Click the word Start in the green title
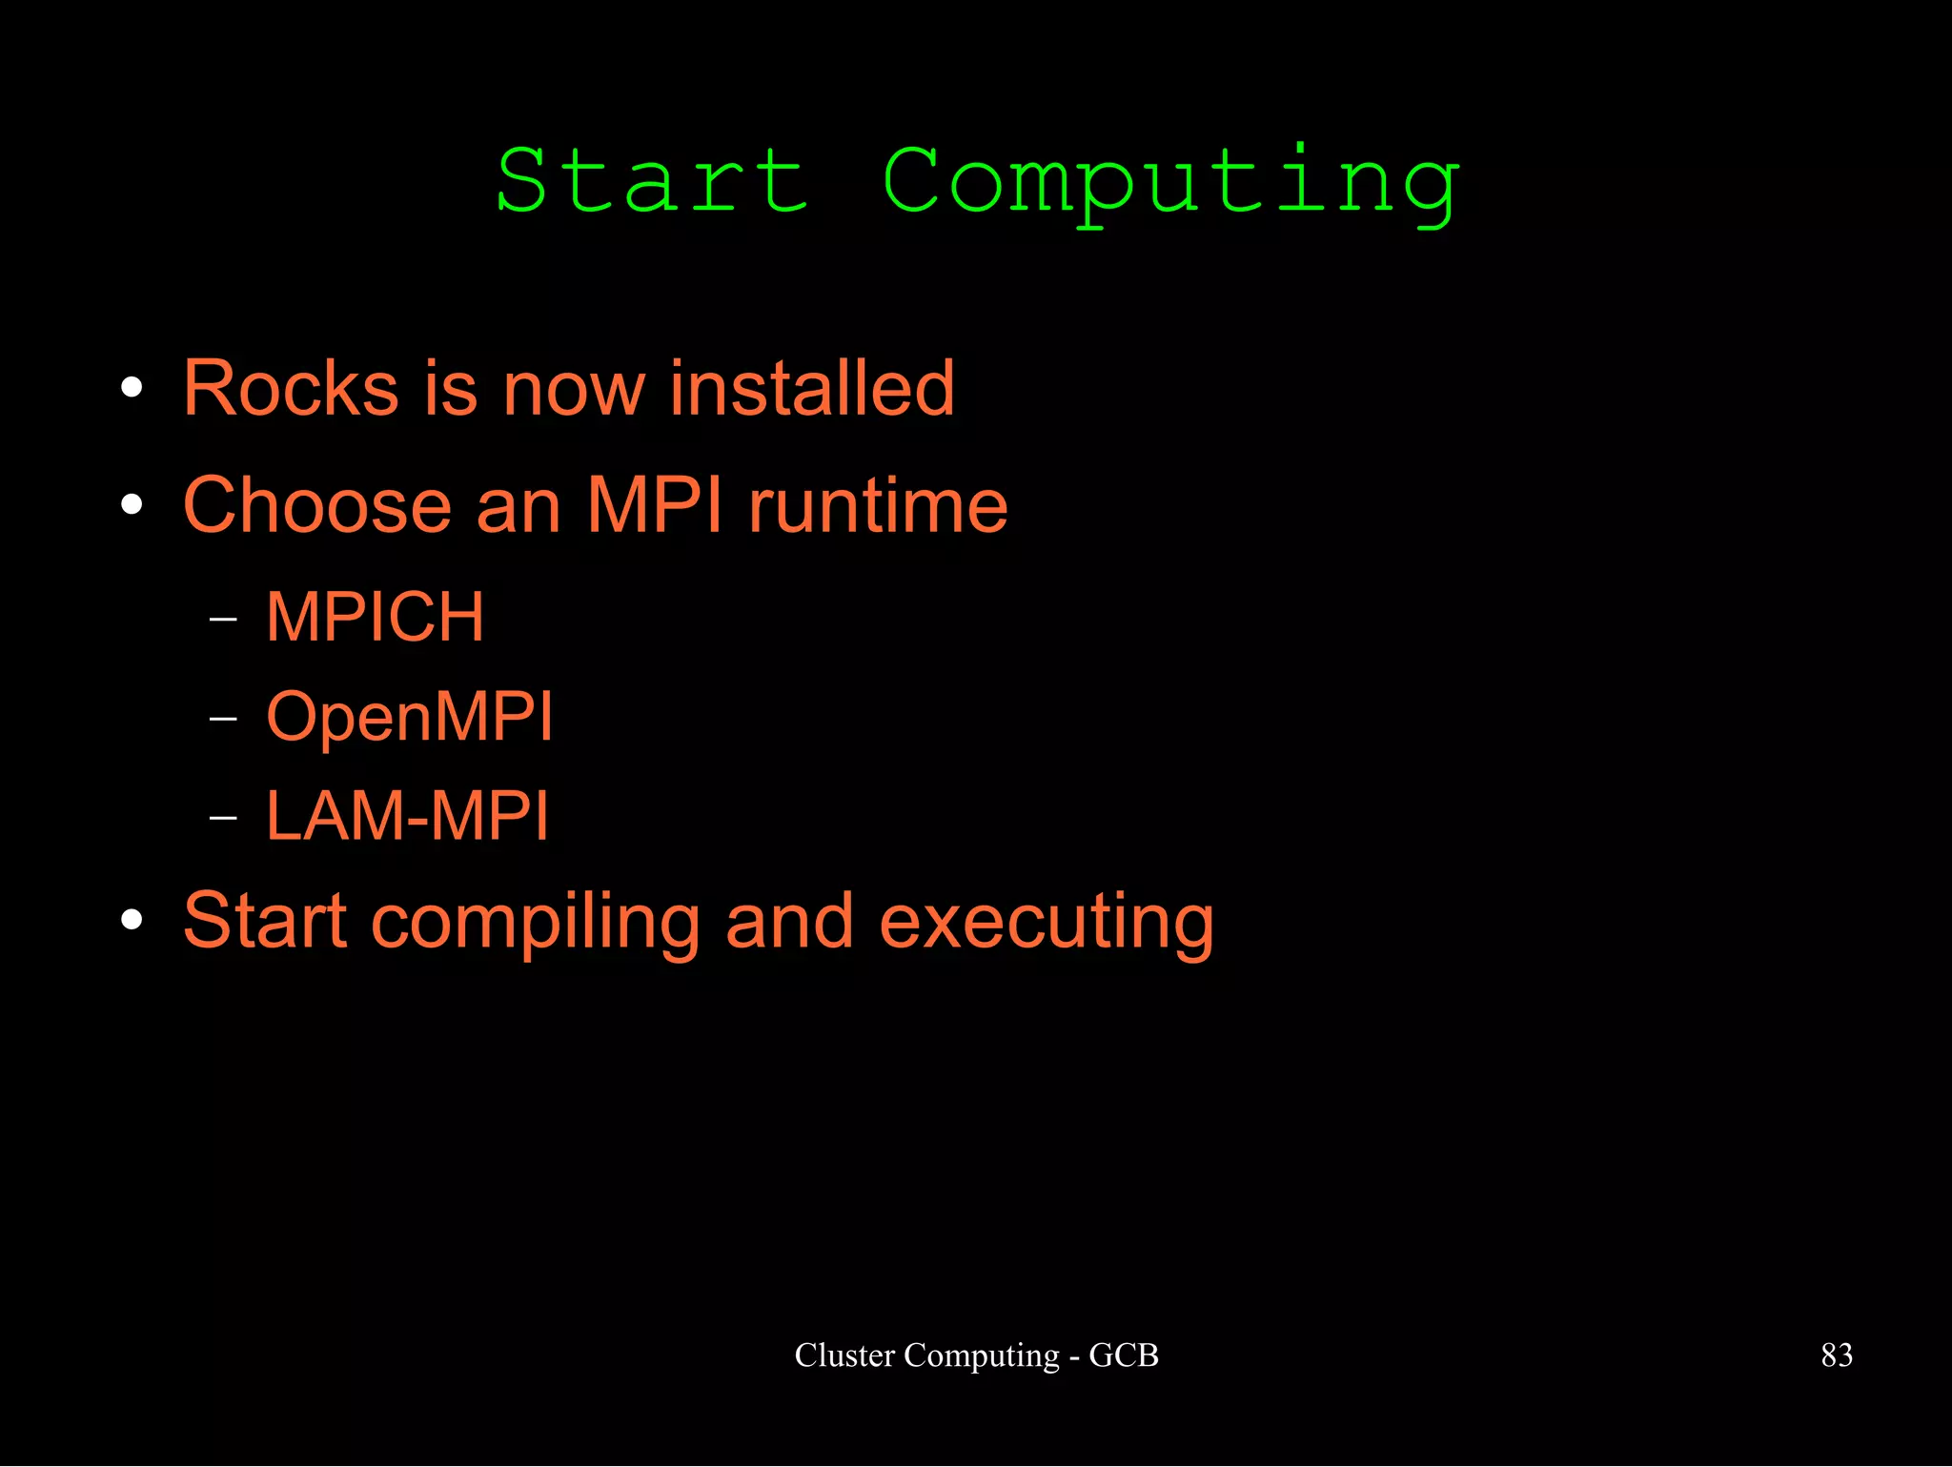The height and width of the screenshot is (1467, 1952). [652, 181]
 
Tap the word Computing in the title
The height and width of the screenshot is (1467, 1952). [1170, 184]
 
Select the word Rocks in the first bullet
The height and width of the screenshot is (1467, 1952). [291, 388]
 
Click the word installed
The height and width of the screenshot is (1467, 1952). [811, 388]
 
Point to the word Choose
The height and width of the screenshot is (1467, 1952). [316, 505]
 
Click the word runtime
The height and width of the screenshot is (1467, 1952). [878, 505]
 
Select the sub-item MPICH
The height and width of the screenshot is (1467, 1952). [375, 617]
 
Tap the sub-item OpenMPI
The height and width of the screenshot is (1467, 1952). [409, 717]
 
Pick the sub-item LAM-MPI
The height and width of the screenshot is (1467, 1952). [407, 816]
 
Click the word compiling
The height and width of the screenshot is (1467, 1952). [536, 923]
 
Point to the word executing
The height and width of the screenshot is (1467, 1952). [1046, 923]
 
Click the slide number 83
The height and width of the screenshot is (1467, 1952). [1836, 1355]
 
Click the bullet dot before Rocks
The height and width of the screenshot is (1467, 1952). [132, 388]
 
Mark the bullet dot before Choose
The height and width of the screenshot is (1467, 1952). [132, 505]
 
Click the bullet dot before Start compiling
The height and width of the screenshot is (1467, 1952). [132, 920]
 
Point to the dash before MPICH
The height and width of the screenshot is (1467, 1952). [222, 620]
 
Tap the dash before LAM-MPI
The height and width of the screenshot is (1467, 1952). [222, 818]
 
